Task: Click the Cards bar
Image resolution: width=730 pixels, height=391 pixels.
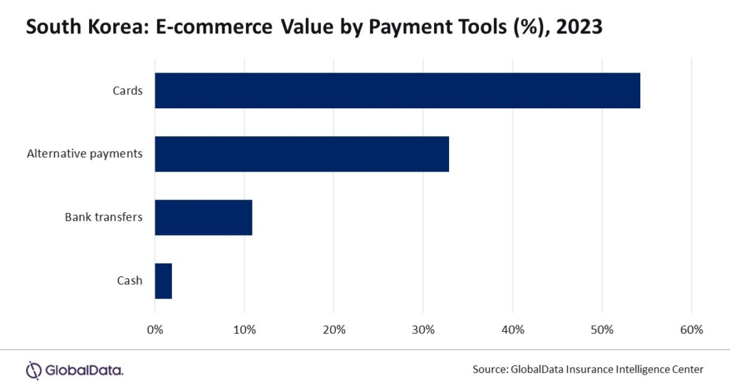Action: coord(397,90)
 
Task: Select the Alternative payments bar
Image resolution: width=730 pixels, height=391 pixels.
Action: coord(302,154)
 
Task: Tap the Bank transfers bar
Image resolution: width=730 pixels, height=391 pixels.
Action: coord(203,217)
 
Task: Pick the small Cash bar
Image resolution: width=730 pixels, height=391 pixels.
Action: coord(163,281)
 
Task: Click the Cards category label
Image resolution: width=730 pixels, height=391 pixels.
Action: coord(128,90)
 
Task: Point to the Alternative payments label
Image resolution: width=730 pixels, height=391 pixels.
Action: coord(85,154)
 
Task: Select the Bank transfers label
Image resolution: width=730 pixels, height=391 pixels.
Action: coord(104,217)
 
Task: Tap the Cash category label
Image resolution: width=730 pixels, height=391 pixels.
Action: coord(130,281)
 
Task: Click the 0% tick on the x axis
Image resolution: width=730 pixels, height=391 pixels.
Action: coord(155,330)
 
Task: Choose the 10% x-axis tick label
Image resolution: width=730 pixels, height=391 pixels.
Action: coord(245,330)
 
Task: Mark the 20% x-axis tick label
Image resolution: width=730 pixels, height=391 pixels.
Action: coord(334,330)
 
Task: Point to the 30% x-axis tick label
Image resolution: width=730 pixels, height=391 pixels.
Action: coord(423,330)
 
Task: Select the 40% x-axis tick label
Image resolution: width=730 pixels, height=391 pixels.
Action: coord(513,330)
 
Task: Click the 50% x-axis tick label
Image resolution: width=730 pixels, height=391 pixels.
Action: coord(602,330)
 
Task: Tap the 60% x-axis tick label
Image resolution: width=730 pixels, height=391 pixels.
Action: coord(692,330)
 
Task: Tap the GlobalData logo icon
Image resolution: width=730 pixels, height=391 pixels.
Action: coord(34,370)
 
